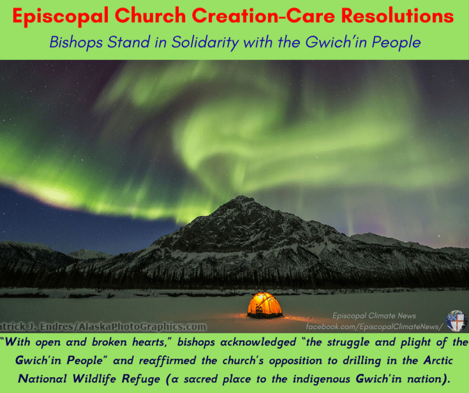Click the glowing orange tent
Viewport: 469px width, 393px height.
pos(264,305)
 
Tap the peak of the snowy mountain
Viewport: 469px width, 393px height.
pos(241,199)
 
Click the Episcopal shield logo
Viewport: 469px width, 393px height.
pos(456,320)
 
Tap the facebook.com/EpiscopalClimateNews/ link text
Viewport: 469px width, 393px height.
pos(374,326)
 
